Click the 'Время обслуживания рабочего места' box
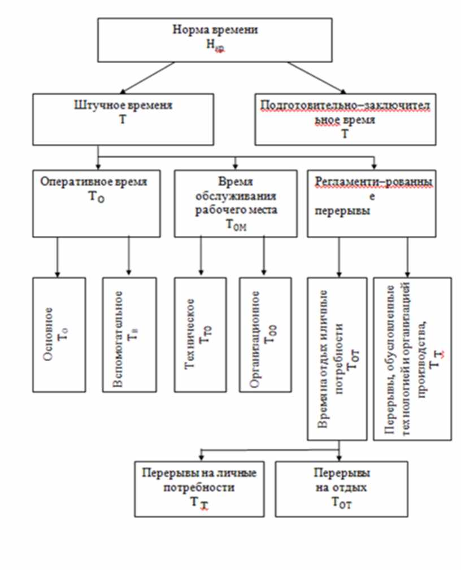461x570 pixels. [235, 203]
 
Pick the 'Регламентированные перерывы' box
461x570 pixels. [373, 203]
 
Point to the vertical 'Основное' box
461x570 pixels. [59, 334]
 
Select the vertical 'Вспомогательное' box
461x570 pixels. [129, 334]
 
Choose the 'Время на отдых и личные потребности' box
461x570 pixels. [338, 358]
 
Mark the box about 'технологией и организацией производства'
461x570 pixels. [412, 358]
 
